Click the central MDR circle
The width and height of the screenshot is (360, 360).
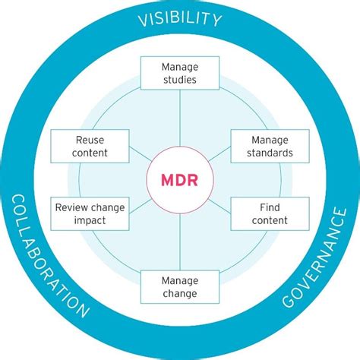179,181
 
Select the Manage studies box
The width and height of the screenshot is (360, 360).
179,72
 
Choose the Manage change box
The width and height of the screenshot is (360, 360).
179,286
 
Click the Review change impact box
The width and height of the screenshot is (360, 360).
90,213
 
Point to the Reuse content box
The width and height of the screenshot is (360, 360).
90,145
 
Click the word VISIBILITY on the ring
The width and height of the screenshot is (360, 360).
180,18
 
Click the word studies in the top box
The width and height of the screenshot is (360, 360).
179,79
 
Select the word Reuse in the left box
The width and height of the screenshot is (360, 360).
90,139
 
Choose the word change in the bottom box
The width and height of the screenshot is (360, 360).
179,293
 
